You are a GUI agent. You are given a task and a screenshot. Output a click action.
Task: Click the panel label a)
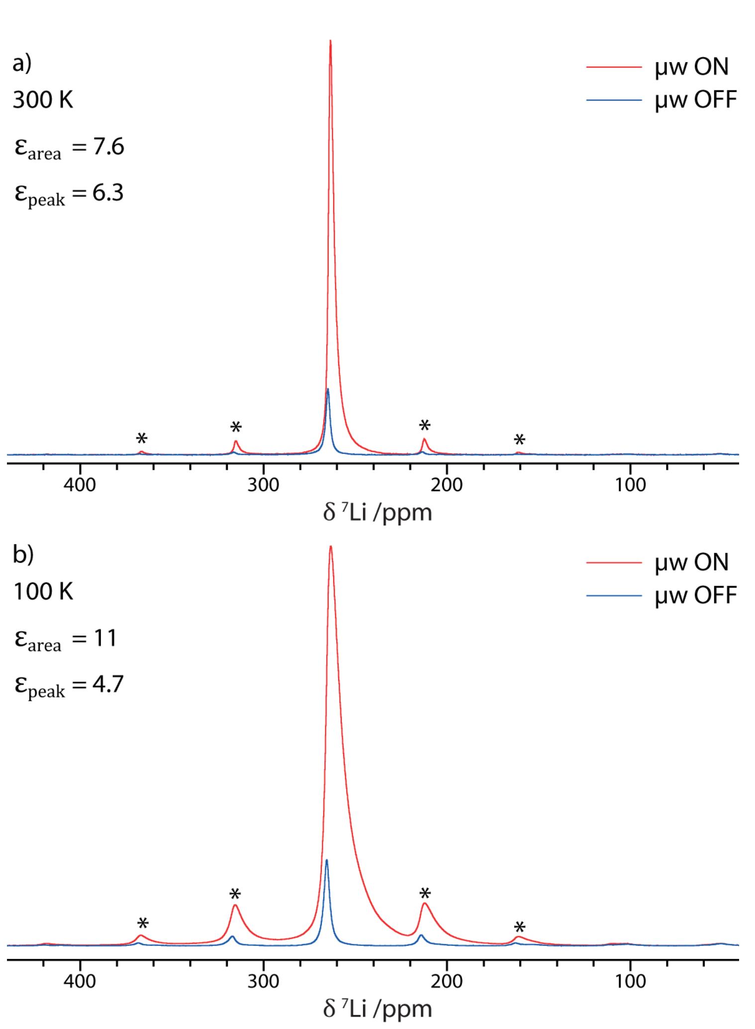(x=22, y=64)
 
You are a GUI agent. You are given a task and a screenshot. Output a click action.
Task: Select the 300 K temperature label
(x=43, y=100)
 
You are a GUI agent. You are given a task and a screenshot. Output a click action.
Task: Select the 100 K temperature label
(x=43, y=592)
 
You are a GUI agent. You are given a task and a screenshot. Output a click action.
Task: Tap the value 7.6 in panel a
(x=108, y=147)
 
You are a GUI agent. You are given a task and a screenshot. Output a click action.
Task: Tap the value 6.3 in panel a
(x=107, y=192)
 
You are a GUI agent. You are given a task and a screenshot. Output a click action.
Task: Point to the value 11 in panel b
(x=104, y=638)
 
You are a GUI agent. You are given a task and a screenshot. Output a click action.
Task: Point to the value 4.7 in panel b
(x=107, y=684)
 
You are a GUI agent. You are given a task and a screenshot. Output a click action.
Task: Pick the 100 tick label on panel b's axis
(x=630, y=981)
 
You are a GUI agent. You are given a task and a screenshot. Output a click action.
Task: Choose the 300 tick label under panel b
(x=263, y=981)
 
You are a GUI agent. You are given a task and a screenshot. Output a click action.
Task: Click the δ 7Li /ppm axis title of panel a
(x=377, y=513)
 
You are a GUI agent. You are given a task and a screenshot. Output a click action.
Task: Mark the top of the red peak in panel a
(x=330, y=42)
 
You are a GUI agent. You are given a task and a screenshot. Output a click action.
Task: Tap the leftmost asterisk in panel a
(x=142, y=438)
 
